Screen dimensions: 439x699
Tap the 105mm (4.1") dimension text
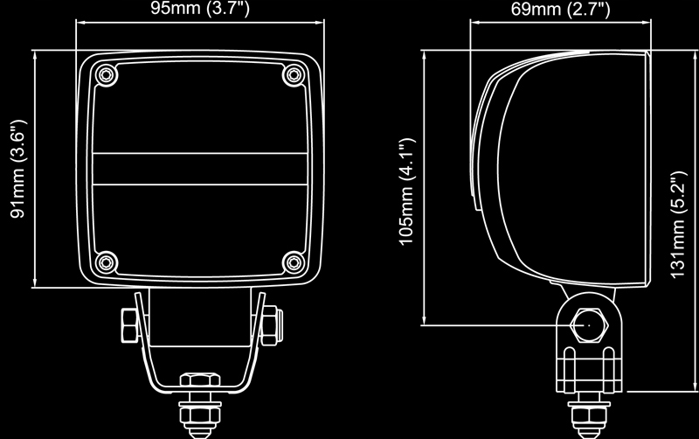pyautogui.click(x=405, y=191)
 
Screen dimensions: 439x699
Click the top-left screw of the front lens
pyautogui.click(x=106, y=74)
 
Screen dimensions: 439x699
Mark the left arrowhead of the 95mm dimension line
pyautogui.click(x=81, y=24)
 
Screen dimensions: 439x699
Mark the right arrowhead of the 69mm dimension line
pyautogui.click(x=650, y=24)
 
